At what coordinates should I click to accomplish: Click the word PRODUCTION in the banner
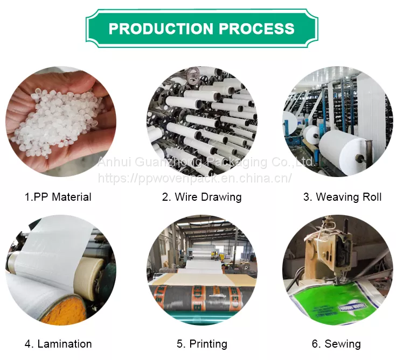[x=161, y=29]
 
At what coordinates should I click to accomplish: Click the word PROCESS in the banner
[x=256, y=29]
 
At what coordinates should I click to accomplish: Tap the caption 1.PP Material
[x=58, y=197]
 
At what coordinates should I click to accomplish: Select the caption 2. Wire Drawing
[x=202, y=197]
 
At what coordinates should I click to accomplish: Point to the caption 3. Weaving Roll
[x=343, y=197]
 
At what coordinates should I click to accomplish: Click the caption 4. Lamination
[x=58, y=344]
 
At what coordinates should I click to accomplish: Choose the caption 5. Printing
[x=202, y=344]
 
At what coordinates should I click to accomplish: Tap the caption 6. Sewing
[x=336, y=344]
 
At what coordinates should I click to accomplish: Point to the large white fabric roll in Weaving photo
[x=345, y=149]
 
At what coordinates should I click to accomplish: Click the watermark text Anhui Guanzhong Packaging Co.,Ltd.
[x=206, y=162]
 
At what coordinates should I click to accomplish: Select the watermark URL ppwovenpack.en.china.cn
[x=195, y=178]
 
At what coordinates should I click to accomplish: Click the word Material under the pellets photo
[x=72, y=197]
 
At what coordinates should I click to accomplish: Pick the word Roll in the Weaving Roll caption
[x=372, y=197]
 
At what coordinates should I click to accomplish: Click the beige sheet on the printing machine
[x=201, y=279]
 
